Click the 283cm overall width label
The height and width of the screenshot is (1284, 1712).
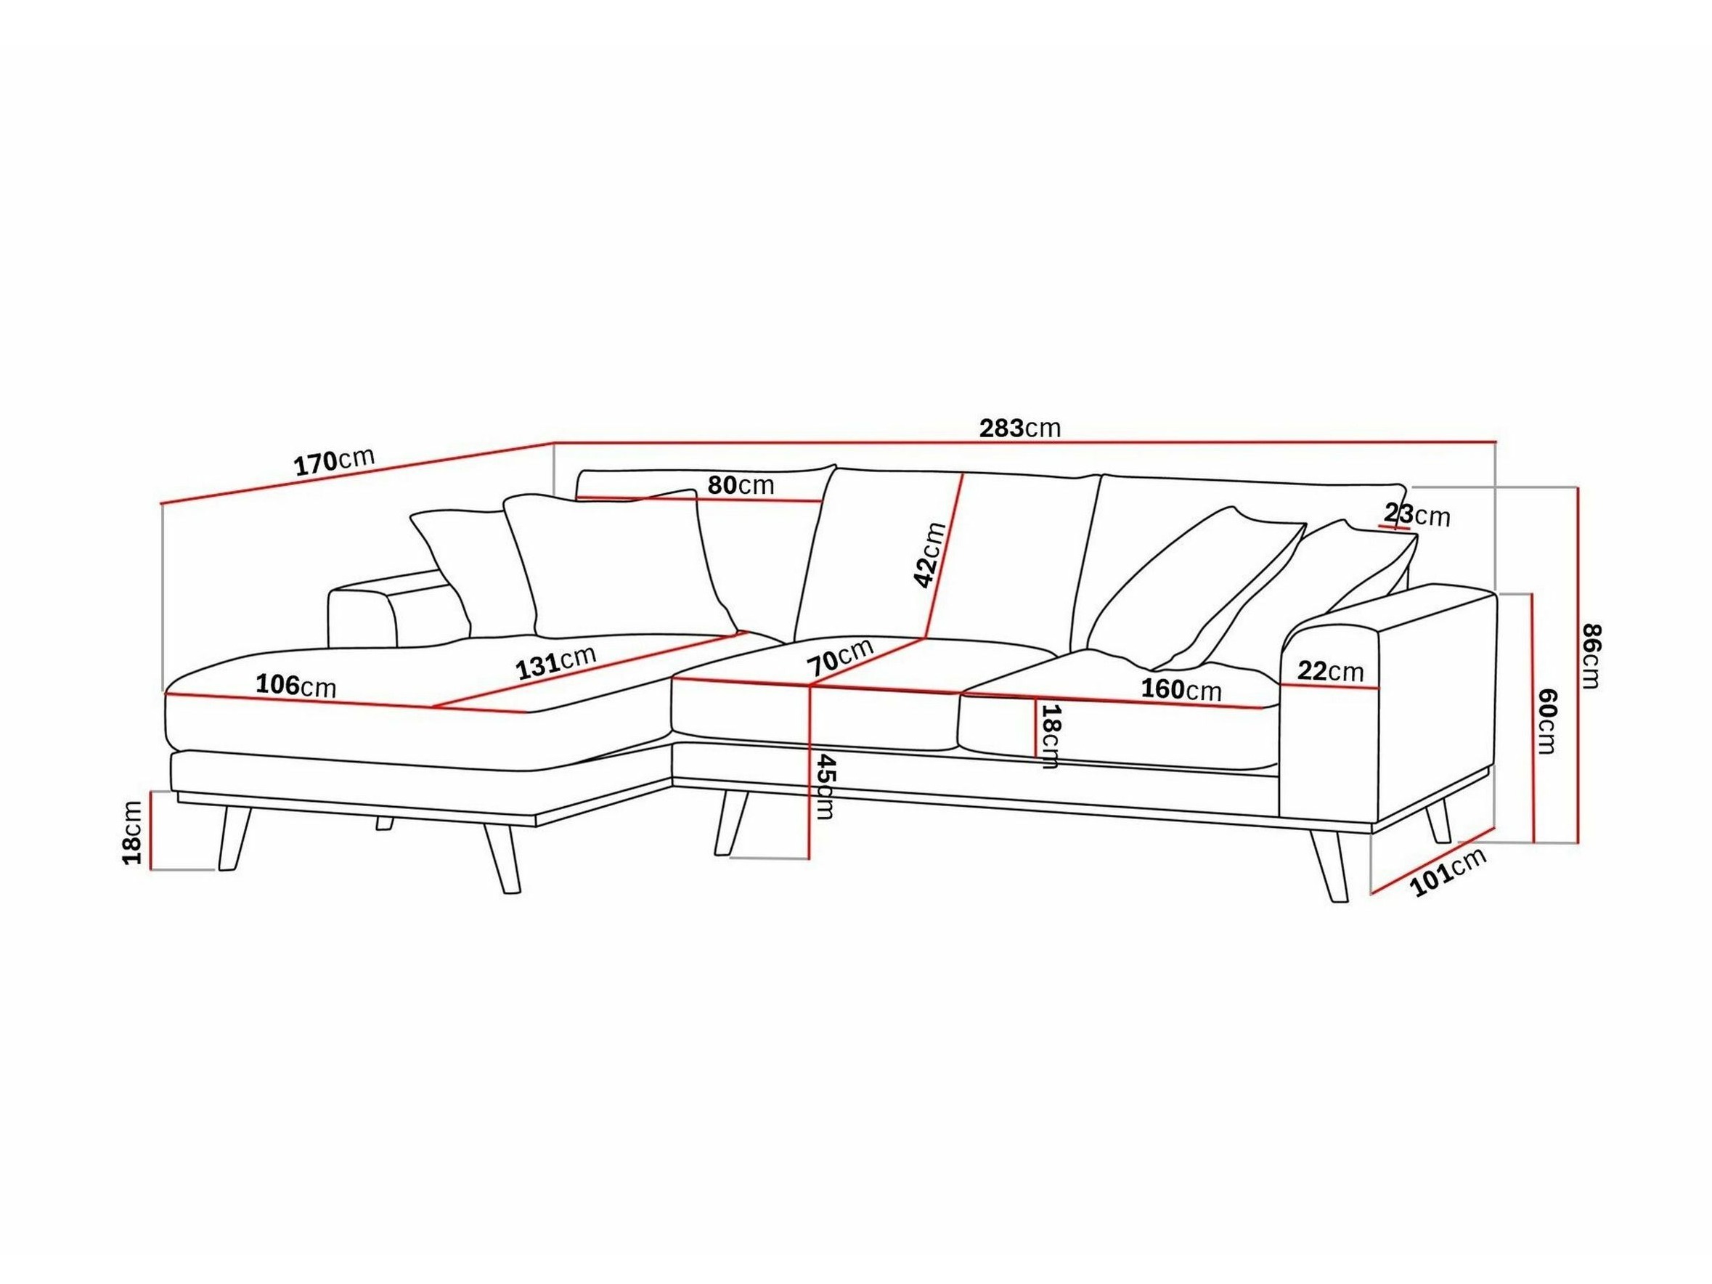(1020, 428)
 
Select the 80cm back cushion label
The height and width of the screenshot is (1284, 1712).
(741, 485)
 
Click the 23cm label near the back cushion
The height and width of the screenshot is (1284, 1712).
(1417, 515)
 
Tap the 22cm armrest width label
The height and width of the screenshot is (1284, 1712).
(1330, 671)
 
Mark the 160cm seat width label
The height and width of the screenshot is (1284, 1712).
(1181, 688)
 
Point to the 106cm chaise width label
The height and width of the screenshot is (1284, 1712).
(296, 685)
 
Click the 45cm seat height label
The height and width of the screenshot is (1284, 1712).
(825, 787)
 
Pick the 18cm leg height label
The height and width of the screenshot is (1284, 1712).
(132, 833)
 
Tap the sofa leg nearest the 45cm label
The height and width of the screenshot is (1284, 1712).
(731, 823)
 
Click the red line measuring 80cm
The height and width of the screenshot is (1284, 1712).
(699, 499)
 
